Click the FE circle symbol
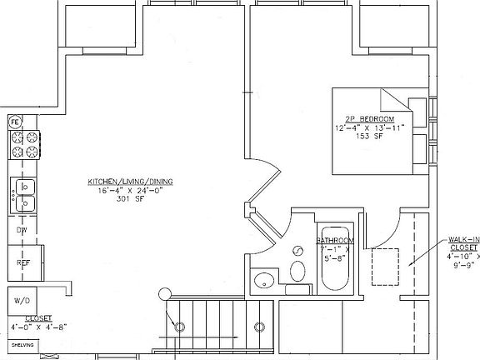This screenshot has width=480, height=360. point(15,123)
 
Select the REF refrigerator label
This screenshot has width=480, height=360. point(23,262)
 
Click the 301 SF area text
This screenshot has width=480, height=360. point(126,200)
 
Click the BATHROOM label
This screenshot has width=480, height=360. point(337,241)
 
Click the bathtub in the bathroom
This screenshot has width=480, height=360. point(333,257)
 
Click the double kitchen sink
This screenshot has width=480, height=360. point(23,195)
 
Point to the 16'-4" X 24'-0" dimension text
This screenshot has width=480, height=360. point(126,191)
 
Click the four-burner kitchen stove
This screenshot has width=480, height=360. point(24,144)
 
